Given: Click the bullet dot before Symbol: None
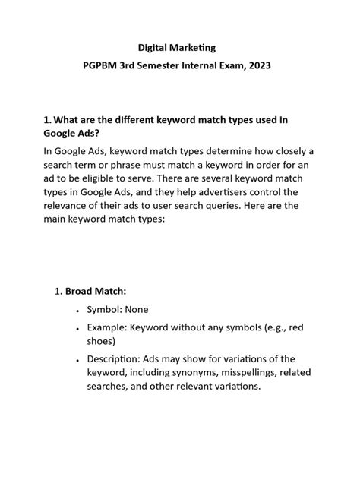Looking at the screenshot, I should coord(78,310).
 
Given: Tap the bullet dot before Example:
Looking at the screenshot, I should coord(78,328).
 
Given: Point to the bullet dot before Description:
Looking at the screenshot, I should coord(78,359).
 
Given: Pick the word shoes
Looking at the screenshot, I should coord(101,341).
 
